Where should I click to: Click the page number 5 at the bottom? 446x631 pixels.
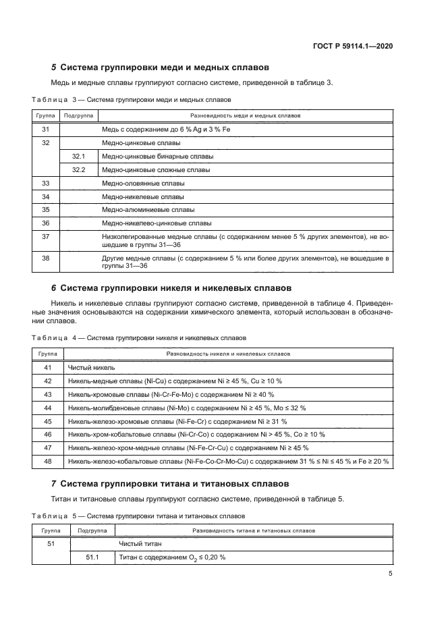(391, 574)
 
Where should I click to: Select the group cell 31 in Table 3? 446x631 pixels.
(46, 129)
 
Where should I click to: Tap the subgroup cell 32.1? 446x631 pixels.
(78, 157)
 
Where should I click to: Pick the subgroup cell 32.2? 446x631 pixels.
(78, 170)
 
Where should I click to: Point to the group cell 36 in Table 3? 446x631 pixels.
(46, 223)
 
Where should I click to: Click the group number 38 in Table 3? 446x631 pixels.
(46, 258)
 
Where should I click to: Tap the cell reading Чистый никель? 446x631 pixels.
(91, 368)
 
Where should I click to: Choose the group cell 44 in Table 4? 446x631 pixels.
(47, 408)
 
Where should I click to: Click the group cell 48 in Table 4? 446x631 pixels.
(47, 462)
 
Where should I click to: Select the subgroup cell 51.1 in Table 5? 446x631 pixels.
(92, 557)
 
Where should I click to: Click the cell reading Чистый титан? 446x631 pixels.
(140, 543)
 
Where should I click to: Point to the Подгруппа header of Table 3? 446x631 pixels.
(78, 115)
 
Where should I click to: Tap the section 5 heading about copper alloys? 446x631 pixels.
(161, 68)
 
